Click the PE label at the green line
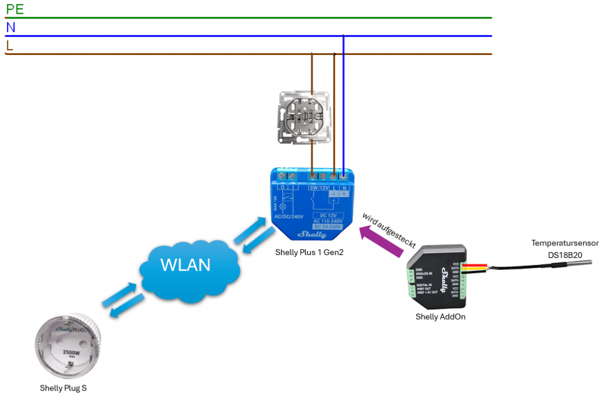point(14,9)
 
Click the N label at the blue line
point(11,27)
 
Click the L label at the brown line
point(10,45)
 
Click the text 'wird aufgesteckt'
point(388,230)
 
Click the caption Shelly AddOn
point(440,317)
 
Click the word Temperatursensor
point(565,243)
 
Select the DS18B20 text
point(565,254)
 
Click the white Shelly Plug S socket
point(65,348)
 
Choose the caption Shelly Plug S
point(63,388)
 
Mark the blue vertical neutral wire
point(344,102)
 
